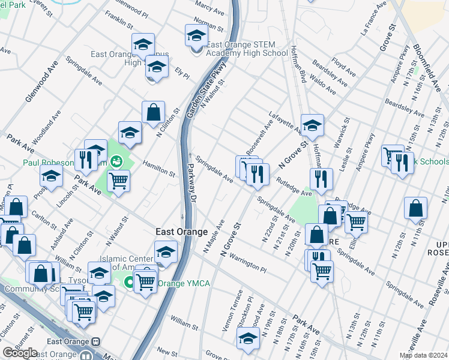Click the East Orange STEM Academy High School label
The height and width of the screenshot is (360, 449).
pyautogui.click(x=247, y=49)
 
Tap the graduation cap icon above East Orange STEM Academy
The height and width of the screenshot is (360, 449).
pyautogui.click(x=196, y=35)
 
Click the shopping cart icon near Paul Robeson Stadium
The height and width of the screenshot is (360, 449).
pyautogui.click(x=119, y=179)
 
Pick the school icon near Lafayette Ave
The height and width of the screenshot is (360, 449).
pyautogui.click(x=312, y=125)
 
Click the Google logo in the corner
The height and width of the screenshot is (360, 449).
pyautogui.click(x=20, y=353)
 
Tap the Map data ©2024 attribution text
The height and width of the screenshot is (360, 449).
pyautogui.click(x=423, y=355)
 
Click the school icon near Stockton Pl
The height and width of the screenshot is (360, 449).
pyautogui.click(x=248, y=339)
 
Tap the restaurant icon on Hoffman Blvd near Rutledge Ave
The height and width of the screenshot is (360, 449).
pyautogui.click(x=321, y=178)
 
